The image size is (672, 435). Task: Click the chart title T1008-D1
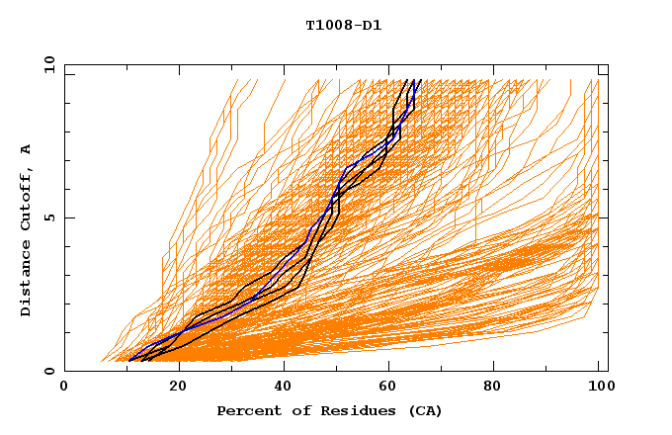343,25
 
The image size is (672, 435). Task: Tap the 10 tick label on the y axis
46,64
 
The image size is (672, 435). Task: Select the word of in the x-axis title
294,411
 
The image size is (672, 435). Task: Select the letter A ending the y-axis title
26,149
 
